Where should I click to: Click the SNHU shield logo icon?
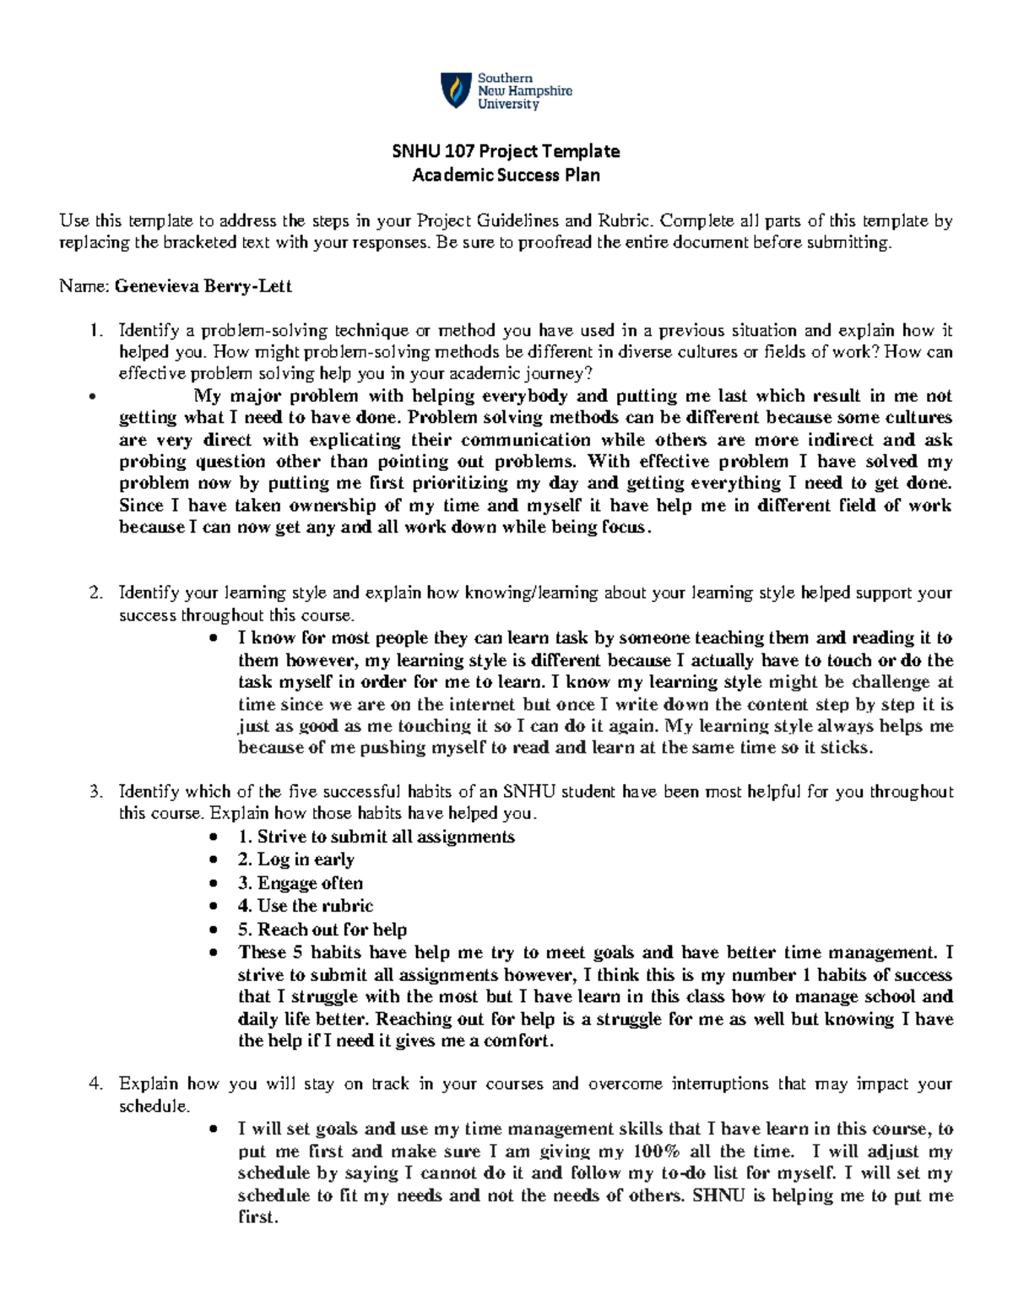(456, 90)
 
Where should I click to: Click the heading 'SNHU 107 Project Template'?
(506, 151)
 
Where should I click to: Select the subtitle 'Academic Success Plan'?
(506, 175)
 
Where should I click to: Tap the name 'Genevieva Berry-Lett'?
(203, 286)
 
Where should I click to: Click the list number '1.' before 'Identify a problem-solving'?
(95, 330)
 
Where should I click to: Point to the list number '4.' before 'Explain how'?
(95, 1083)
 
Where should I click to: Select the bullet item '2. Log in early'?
(295, 859)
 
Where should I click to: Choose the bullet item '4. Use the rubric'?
(305, 906)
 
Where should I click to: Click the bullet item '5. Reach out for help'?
(322, 929)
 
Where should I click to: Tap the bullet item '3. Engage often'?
(300, 883)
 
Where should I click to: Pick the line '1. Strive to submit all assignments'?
(376, 837)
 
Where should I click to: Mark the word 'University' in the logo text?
(508, 104)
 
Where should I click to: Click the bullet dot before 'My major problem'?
(92, 396)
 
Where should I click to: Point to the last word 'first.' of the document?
(257, 1217)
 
